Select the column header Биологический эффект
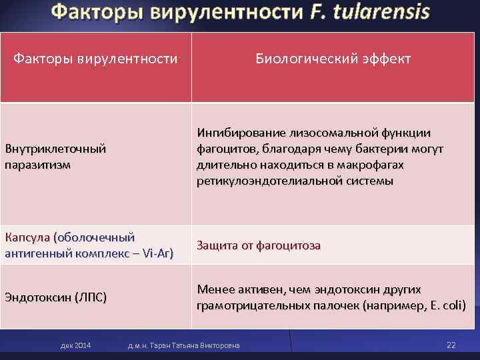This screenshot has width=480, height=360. (333, 59)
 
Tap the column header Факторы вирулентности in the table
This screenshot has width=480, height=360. (96, 59)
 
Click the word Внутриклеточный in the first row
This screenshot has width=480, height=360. (55, 149)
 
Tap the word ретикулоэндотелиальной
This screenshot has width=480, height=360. (259, 181)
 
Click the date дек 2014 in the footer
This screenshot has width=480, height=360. (75, 345)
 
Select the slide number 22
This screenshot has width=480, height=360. (451, 345)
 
